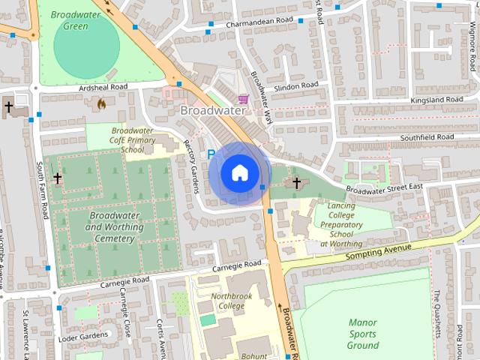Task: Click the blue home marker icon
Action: [x=239, y=172]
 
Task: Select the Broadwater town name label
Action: [x=213, y=110]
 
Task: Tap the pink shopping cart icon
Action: [x=243, y=99]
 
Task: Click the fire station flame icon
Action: [x=101, y=105]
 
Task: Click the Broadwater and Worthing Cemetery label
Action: [x=115, y=227]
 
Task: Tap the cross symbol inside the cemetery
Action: [x=58, y=178]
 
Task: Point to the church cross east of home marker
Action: [x=296, y=182]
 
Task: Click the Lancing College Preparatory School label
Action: [x=341, y=224]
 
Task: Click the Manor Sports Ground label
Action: [x=363, y=334]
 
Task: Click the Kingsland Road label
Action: [x=436, y=100]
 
